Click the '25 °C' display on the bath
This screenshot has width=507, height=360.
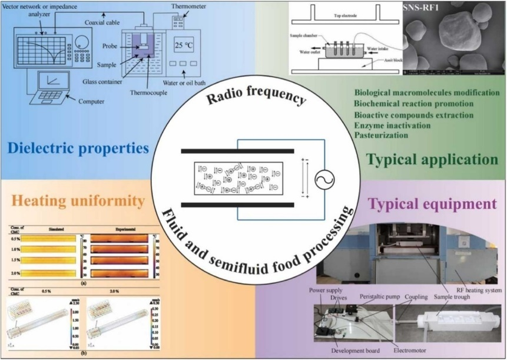[x=184, y=44]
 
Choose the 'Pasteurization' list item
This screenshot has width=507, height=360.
[x=380, y=135]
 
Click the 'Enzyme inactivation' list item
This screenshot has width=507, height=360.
[x=392, y=125]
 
